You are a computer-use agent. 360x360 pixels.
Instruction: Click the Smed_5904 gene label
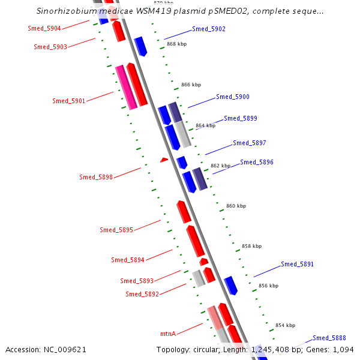coord(44,28)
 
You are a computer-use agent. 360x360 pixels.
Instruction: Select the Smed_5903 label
coord(50,47)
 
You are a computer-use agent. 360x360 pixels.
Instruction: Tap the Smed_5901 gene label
coord(68,101)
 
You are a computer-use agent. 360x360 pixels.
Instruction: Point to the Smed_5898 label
coord(96,177)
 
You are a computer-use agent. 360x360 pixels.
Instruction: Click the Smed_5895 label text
coord(116,230)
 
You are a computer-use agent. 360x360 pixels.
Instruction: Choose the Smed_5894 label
coord(128,260)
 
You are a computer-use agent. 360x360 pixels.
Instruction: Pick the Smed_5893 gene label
coord(137,281)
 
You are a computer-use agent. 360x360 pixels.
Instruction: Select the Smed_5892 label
coord(142,294)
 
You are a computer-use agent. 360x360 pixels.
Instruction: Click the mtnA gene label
coord(167,334)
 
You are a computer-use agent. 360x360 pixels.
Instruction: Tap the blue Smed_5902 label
coord(209,29)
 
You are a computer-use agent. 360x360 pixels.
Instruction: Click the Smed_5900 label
coord(233,97)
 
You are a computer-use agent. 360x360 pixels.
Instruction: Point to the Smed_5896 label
coord(257,162)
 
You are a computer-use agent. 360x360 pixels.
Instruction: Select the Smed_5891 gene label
coord(298,264)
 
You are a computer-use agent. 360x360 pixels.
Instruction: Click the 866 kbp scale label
coord(191,85)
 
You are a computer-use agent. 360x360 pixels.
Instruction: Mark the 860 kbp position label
coord(236,206)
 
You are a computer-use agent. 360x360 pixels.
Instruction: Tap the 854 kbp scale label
coord(285,325)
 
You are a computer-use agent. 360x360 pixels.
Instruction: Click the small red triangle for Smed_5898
coord(163,160)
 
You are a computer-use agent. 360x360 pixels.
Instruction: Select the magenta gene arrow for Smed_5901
coord(126,88)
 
